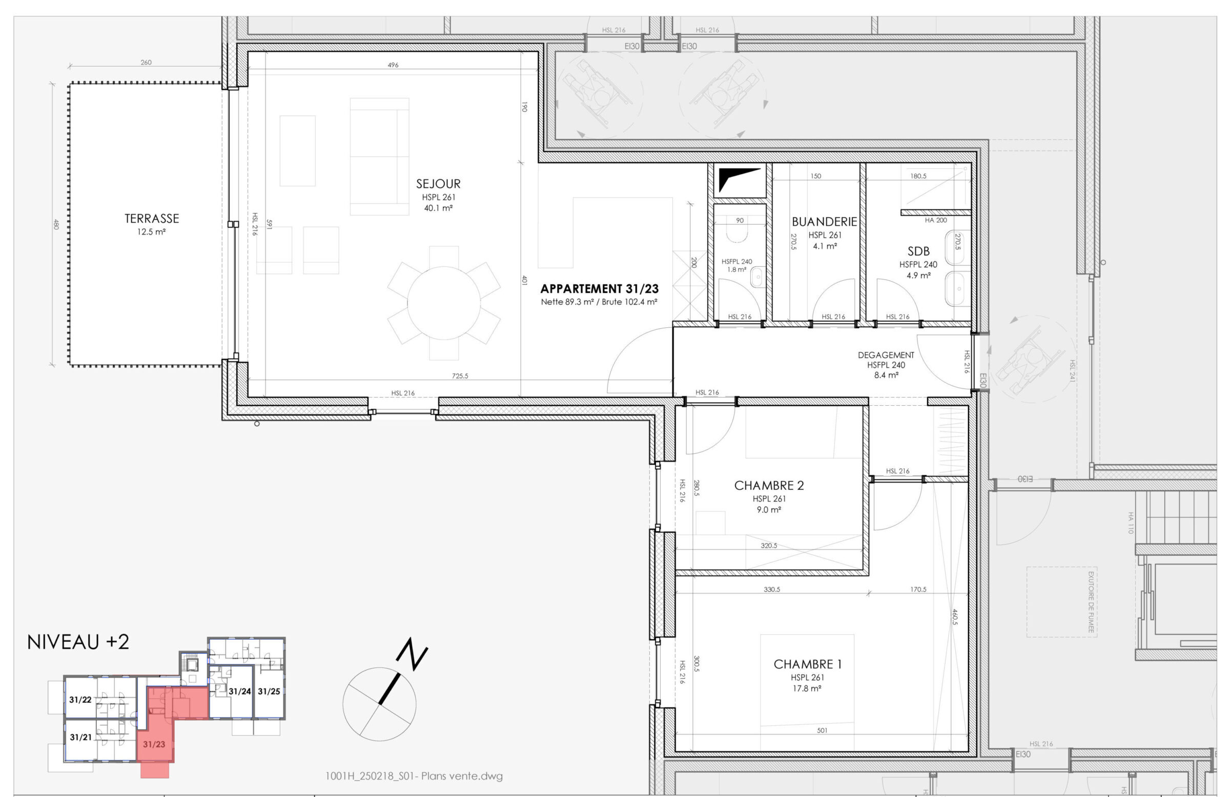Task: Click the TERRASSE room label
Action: pos(152,219)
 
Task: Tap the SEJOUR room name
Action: pos(438,183)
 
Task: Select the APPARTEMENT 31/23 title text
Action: pos(600,289)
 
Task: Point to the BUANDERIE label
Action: pos(824,222)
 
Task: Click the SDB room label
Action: pos(918,251)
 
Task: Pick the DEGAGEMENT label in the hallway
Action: pos(886,355)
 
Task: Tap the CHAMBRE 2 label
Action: pos(769,486)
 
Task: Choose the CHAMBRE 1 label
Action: pos(807,664)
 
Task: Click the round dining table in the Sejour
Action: pos(444,303)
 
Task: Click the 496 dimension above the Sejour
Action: pos(393,65)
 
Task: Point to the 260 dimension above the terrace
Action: pos(146,62)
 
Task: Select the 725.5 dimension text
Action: pos(460,376)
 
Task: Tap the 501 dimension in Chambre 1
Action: pos(822,730)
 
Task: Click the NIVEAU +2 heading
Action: pos(78,642)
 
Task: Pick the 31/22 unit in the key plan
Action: pos(80,700)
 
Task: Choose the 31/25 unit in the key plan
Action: pos(269,691)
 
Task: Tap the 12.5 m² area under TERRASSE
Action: pos(151,232)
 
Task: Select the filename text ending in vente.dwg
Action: pos(414,776)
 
